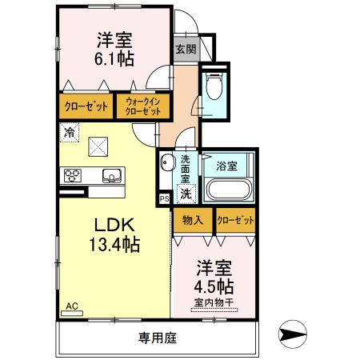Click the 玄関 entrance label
185,48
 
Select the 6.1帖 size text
115,58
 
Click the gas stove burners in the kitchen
70,176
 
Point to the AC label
72,305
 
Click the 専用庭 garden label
156,338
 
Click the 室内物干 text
214,302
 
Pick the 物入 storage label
192,220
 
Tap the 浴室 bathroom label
226,166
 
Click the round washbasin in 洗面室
167,165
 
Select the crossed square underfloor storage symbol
98,146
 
